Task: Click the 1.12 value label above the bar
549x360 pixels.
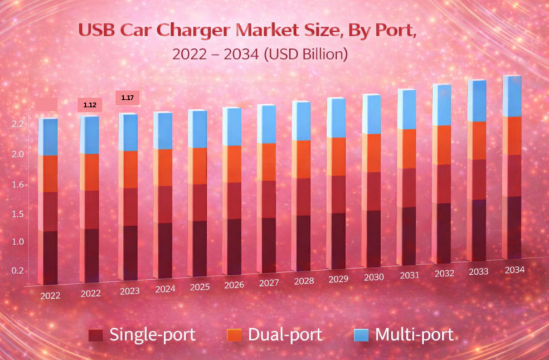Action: [90, 105]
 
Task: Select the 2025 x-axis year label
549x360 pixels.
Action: [199, 286]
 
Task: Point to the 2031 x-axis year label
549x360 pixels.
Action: [409, 275]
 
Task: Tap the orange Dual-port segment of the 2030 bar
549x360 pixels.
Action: [371, 153]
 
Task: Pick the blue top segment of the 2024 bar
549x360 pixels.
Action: [163, 131]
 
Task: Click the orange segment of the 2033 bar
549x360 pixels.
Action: [477, 140]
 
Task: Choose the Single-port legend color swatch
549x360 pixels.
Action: [96, 335]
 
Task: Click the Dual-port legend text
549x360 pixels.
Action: [285, 335]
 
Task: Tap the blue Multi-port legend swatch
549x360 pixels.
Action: [362, 335]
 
